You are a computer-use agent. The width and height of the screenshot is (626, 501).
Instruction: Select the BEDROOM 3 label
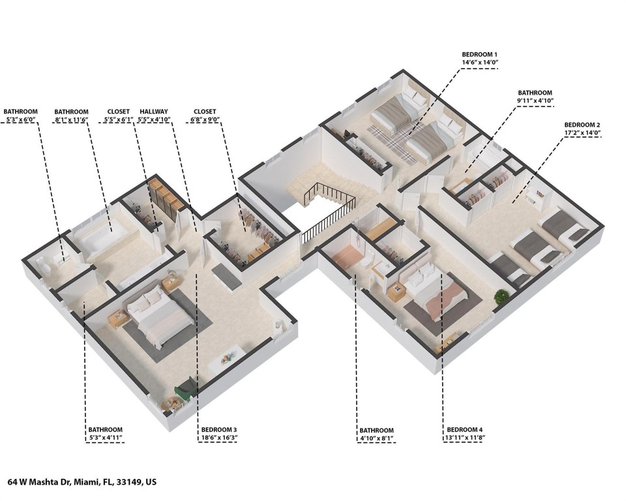point(219,430)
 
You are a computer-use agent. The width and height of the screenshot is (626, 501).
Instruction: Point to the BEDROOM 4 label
point(465,430)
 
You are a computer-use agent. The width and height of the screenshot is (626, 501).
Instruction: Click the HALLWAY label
point(155,112)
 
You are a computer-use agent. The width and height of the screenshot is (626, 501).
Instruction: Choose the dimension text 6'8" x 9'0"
point(205,120)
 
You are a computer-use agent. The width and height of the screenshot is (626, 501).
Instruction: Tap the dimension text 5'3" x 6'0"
point(20,120)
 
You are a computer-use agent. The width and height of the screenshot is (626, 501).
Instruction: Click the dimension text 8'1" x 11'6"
point(72,120)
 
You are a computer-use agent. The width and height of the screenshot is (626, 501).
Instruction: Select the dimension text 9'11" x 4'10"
point(535,101)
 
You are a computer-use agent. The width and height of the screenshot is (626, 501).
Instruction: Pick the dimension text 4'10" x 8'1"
point(377,438)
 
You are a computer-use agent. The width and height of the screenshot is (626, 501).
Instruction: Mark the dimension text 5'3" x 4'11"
point(106,438)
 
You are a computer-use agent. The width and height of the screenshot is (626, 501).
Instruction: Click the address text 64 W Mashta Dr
point(54,483)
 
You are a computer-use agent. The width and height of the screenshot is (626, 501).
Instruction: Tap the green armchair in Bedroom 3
point(185,390)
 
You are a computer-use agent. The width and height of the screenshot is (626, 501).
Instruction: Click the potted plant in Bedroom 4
point(501,297)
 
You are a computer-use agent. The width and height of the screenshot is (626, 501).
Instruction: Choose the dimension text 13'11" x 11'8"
point(465,438)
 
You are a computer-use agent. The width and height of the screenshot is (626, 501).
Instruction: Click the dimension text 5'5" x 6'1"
point(119,120)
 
